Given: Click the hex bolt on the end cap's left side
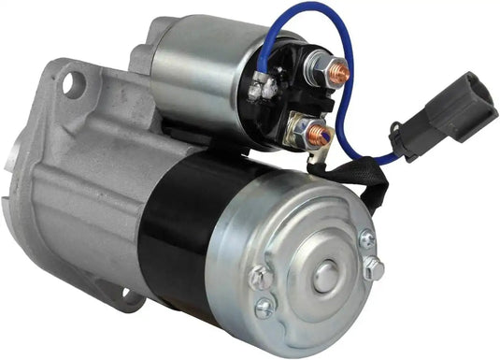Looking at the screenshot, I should [261, 279].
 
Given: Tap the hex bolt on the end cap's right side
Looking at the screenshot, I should [373, 269].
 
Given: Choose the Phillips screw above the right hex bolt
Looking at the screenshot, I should [366, 239].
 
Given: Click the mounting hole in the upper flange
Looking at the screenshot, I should [68, 85].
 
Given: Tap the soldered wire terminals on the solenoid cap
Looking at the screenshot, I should [265, 90].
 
